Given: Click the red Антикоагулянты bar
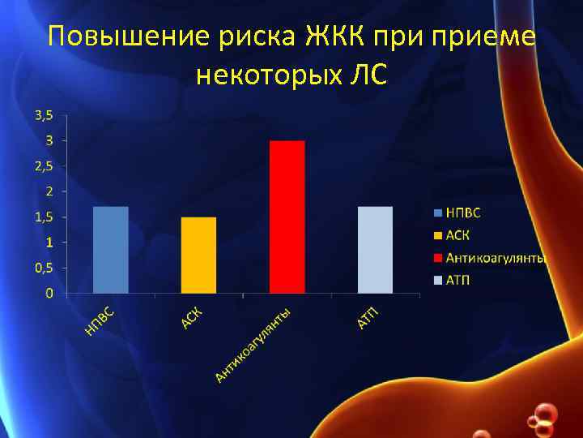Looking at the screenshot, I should (287, 217).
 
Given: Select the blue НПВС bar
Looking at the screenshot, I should (111, 250).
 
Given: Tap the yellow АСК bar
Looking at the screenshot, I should (198, 255).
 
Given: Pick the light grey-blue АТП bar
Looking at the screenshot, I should (375, 250).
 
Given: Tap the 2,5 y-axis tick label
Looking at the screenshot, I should (44, 165).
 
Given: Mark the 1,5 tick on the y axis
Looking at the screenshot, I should (44, 217).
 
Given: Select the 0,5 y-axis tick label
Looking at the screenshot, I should (44, 267).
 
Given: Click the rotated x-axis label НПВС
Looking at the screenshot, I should (104, 319).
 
